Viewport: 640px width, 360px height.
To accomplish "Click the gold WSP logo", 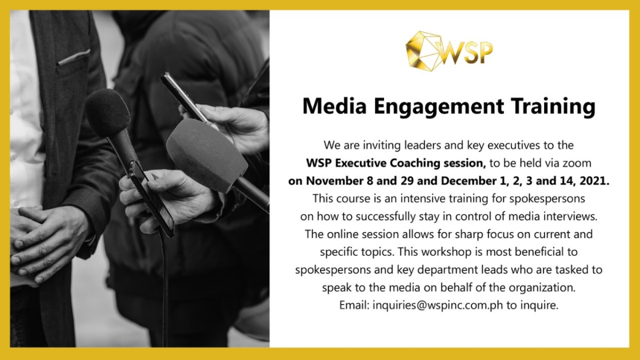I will pyautogui.click(x=449, y=51).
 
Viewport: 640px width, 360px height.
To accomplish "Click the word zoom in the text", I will pyautogui.click(x=578, y=163).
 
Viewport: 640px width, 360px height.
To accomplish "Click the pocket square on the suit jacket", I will pyautogui.click(x=74, y=57).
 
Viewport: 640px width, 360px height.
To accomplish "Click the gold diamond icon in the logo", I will pyautogui.click(x=422, y=51).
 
